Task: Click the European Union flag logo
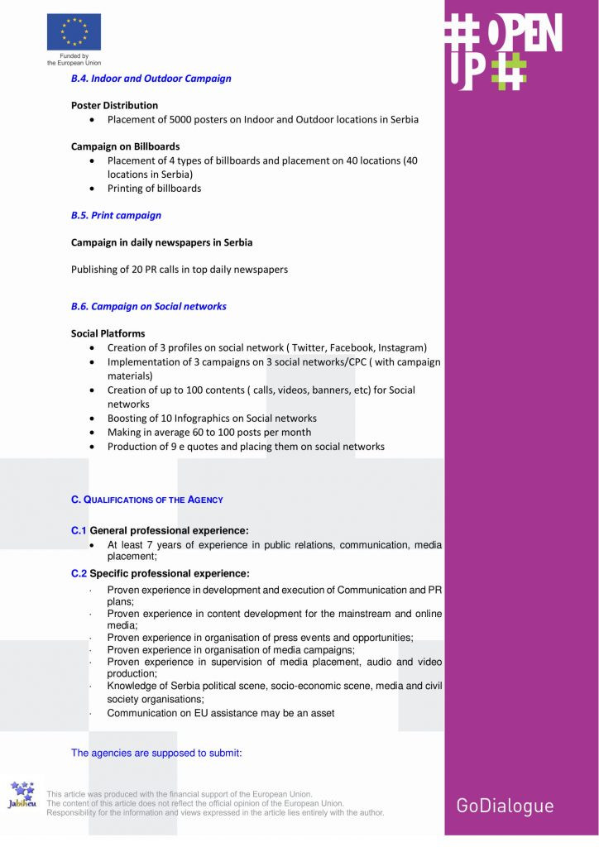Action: click(x=74, y=31)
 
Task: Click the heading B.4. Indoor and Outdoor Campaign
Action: click(x=151, y=79)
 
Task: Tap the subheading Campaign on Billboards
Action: click(x=125, y=146)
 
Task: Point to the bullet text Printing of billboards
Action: click(x=154, y=188)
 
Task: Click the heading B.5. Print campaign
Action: click(x=116, y=215)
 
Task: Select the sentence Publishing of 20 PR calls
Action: click(x=180, y=270)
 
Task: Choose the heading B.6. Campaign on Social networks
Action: click(x=149, y=306)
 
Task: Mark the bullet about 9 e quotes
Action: click(x=246, y=447)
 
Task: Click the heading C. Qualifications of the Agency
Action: click(x=147, y=500)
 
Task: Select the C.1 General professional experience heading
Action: click(x=160, y=530)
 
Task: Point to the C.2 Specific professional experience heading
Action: click(x=160, y=573)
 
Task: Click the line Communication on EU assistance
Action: click(x=221, y=713)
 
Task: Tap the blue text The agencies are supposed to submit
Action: click(x=156, y=753)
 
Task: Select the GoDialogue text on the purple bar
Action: click(x=505, y=806)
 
